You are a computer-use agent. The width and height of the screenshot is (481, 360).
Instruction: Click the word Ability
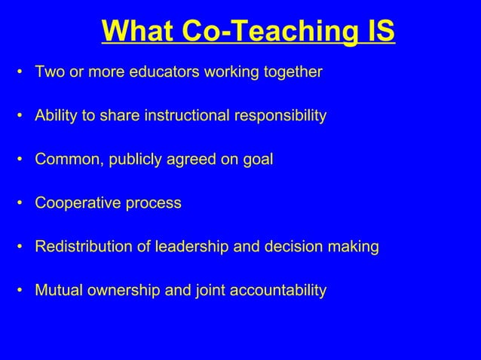tap(54, 116)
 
